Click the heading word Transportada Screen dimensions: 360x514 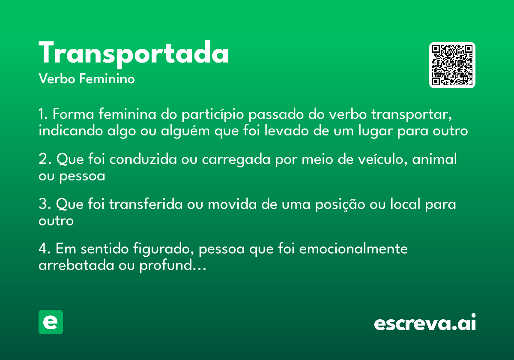(x=134, y=54)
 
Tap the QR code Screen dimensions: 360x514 (x=452, y=65)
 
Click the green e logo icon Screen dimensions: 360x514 (x=51, y=322)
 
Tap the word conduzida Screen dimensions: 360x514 (x=152, y=160)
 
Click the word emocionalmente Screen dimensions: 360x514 (x=353, y=249)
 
